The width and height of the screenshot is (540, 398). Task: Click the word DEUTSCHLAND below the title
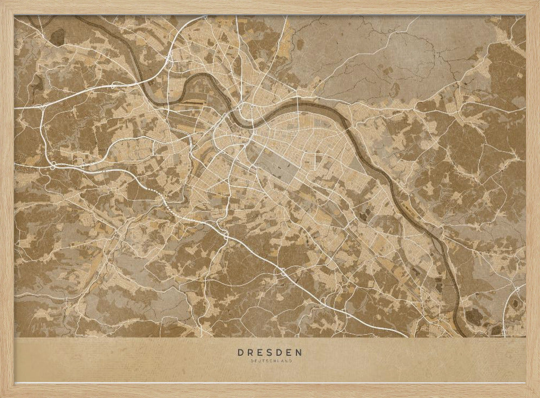click(269, 361)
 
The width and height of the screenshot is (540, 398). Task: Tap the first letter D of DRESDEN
click(240, 353)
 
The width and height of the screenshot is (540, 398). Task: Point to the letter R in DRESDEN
click(251, 353)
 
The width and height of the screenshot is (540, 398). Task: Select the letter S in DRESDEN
click(270, 353)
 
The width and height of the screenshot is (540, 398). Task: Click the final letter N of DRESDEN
click(299, 353)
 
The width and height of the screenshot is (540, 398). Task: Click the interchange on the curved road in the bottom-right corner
click(517, 289)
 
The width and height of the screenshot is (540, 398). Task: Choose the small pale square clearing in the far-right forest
click(516, 102)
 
